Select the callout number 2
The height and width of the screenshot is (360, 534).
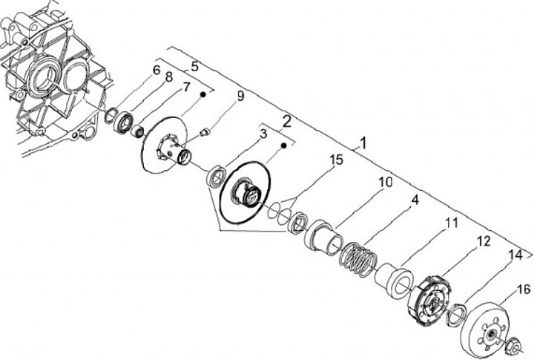pos(286,119)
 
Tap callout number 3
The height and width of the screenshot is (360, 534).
pos(263,134)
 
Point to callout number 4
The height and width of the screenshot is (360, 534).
pos(415,200)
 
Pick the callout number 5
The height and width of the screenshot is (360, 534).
pos(194,65)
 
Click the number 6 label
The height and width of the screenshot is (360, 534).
pos(156,71)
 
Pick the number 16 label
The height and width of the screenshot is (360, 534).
pos(524,289)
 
